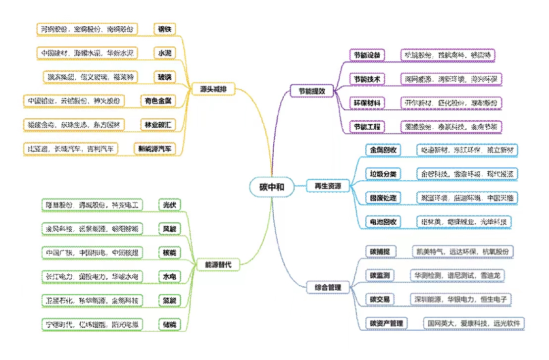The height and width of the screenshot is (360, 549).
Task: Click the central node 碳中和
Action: pyautogui.click(x=272, y=187)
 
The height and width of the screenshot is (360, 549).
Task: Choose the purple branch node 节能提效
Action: pyautogui.click(x=311, y=91)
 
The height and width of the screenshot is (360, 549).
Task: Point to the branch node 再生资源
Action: pyautogui.click(x=328, y=186)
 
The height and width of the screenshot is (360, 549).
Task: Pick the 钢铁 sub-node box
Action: pyautogui.click(x=164, y=29)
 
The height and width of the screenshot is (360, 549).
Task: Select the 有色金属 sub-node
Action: pyautogui.click(x=158, y=101)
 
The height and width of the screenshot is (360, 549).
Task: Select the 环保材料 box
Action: pyautogui.click(x=367, y=103)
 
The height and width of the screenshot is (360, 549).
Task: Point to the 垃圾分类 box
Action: pyautogui.click(x=383, y=174)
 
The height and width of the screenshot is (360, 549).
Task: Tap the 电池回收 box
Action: pyautogui.click(x=383, y=221)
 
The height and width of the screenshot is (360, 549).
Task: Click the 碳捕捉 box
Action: pyautogui.click(x=380, y=252)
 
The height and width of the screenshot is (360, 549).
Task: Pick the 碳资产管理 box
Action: pyautogui.click(x=387, y=324)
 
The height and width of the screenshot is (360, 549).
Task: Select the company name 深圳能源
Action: pyautogui.click(x=428, y=299)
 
